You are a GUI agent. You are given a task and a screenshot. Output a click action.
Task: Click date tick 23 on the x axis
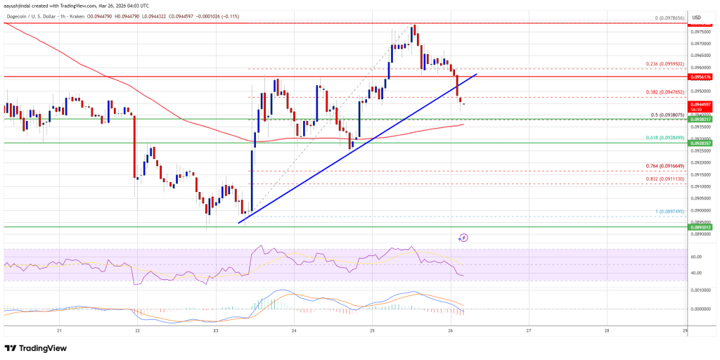click(x=216, y=330)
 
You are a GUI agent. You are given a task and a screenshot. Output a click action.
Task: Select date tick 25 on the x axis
click(x=372, y=330)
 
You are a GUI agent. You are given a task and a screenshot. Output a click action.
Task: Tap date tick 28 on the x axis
click(x=606, y=330)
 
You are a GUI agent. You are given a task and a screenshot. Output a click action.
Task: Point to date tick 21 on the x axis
click(x=60, y=330)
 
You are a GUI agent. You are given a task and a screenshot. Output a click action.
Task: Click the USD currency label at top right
click(x=705, y=18)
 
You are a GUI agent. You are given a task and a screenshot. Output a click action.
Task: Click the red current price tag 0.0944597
click(x=704, y=104)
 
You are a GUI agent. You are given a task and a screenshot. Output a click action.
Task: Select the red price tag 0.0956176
click(x=704, y=76)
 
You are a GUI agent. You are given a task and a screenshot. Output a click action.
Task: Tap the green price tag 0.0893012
click(x=704, y=227)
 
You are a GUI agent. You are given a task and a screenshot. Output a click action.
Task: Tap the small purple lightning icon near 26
click(x=463, y=238)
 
